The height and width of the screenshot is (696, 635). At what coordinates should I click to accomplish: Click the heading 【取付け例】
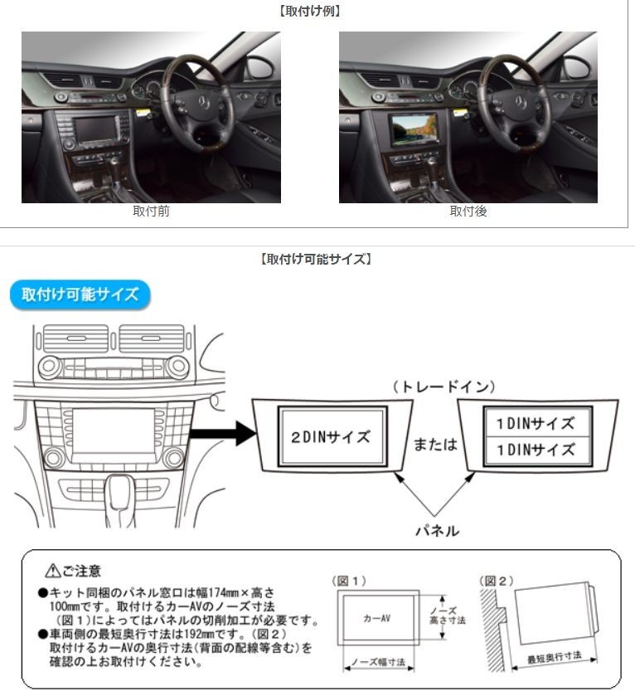[317, 12]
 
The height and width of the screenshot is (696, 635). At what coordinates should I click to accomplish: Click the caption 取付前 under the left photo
[151, 212]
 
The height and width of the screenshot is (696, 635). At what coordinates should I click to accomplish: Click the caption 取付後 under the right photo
[468, 212]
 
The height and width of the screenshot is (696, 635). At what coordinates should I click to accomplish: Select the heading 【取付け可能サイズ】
[317, 259]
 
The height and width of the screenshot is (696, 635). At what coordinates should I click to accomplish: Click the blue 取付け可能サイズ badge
[80, 295]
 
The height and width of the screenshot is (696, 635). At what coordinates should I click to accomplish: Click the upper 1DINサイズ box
[536, 423]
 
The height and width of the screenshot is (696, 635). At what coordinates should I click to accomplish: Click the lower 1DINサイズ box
[536, 450]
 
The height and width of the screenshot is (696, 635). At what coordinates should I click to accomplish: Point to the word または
[435, 444]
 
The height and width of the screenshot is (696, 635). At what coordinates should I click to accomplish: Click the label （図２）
[497, 580]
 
